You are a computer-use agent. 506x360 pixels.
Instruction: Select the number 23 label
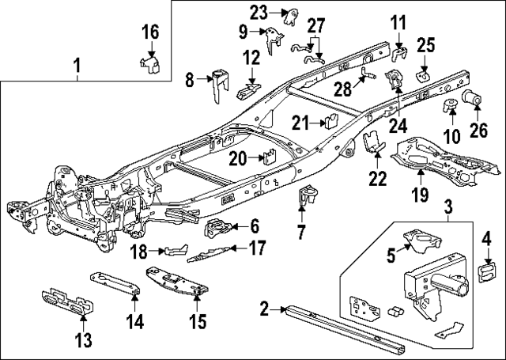tap(260, 12)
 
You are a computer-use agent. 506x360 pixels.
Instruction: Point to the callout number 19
tap(419, 195)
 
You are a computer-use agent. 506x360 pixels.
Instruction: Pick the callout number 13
tap(83, 341)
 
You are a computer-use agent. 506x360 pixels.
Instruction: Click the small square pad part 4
tap(487, 273)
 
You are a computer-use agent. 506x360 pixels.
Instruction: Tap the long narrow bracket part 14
tap(115, 283)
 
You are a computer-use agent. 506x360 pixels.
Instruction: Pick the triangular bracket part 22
tap(372, 146)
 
